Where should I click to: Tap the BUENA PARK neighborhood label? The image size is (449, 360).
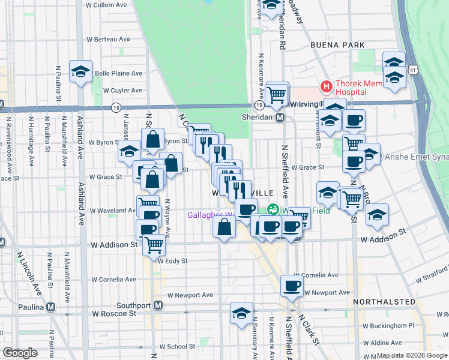pos(337,45)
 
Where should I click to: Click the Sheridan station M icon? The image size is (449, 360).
pos(280,118)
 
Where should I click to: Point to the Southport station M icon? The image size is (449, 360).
pos(158,305)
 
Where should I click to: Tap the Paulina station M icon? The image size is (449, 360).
pos(50,307)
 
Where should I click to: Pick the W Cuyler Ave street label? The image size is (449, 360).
pos(122,91)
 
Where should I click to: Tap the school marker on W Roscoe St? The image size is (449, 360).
pos(241,313)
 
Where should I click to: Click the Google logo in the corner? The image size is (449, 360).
pos(20,353)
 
